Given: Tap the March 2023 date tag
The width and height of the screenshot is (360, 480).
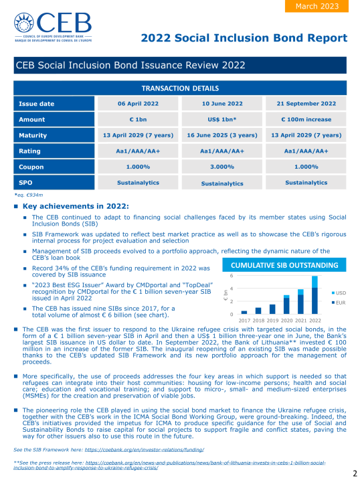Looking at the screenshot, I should point(319,6).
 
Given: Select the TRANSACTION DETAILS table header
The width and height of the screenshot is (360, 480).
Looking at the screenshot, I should point(180,88).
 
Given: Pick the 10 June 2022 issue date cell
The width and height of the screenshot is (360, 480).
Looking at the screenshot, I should point(222,104).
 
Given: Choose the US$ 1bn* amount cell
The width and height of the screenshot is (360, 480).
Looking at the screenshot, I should point(222,119).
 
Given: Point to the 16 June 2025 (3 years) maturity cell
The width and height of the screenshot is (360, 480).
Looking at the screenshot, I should point(222,135).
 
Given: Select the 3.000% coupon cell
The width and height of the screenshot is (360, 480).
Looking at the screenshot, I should point(222,167).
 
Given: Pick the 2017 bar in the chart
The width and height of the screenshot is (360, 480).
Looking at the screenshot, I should point(244,313).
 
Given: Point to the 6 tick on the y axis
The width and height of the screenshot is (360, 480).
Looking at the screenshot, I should point(232,276).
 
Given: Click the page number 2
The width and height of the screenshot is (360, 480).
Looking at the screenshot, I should point(354,473).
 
